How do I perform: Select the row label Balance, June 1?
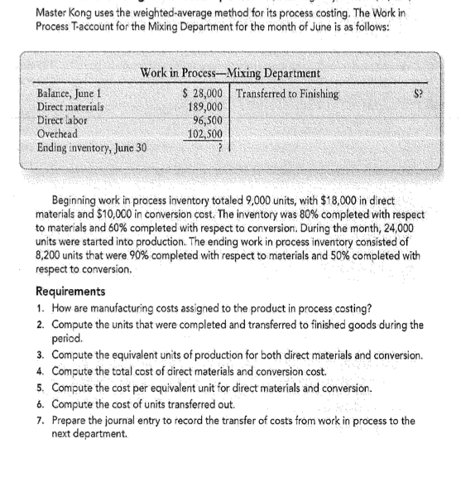pyautogui.click(x=70, y=95)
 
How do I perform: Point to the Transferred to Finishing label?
pyautogui.click(x=291, y=95)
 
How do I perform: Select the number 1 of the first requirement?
pyautogui.click(x=41, y=308)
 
